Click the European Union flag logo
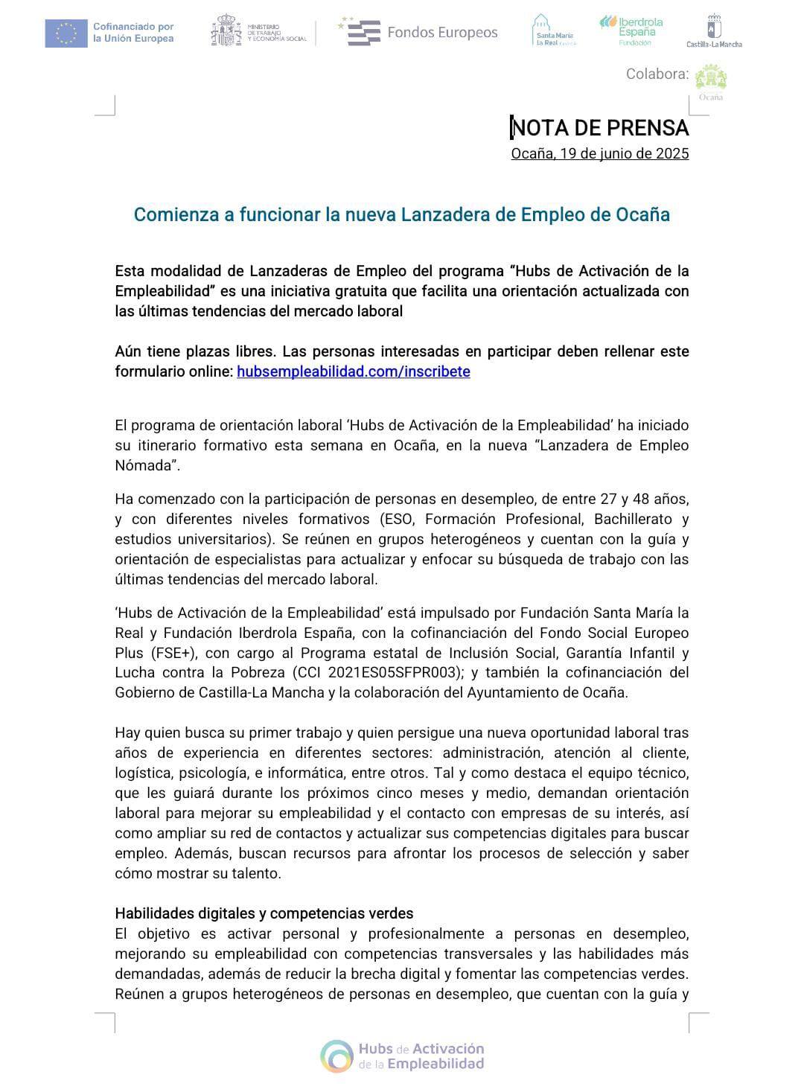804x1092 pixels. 66,33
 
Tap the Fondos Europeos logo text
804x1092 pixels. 442,33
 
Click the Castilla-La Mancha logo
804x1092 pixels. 714,31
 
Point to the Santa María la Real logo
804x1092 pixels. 555,31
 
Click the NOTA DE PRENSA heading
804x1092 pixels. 600,128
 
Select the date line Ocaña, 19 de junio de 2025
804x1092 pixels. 600,154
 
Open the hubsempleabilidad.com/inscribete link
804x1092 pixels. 354,371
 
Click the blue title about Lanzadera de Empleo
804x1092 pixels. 402,214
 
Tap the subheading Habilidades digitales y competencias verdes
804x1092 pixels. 264,913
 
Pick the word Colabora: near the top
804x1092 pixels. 657,74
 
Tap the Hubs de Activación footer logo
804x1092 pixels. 403,1056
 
